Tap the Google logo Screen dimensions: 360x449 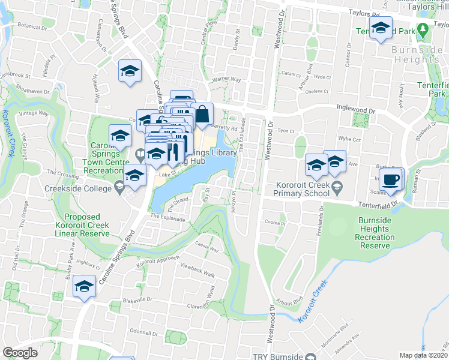point(20,353)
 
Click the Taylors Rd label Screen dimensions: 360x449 point(368,12)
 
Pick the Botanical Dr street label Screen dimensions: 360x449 point(32,27)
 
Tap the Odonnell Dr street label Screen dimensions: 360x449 point(143,332)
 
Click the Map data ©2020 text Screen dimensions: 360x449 point(424,355)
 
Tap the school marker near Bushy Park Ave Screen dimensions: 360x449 point(85,288)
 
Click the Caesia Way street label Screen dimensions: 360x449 point(208,247)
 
